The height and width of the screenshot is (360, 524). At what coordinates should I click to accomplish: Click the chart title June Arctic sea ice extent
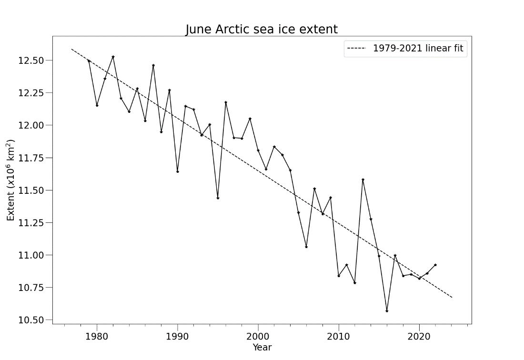262,30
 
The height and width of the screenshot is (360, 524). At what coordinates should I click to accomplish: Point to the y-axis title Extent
11,180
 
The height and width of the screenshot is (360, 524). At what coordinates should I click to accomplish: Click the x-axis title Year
262,347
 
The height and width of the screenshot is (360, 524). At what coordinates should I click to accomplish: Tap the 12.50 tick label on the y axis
31,60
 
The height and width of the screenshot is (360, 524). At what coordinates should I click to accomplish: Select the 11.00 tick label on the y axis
31,255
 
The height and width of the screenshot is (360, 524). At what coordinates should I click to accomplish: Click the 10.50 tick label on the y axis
31,320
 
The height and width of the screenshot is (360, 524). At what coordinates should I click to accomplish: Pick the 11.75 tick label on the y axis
31,158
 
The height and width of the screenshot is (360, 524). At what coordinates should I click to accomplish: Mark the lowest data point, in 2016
387,311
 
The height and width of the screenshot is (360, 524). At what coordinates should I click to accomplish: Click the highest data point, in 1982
113,57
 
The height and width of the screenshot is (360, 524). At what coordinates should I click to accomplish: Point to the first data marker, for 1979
89,61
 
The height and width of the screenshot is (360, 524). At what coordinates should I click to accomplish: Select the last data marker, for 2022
435,265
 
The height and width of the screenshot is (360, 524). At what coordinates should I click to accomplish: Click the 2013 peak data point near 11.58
363,180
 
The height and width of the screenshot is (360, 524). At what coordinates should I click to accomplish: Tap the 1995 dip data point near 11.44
218,198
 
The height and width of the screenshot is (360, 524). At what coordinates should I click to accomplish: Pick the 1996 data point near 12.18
226,102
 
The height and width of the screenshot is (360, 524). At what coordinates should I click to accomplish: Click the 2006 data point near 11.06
306,247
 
